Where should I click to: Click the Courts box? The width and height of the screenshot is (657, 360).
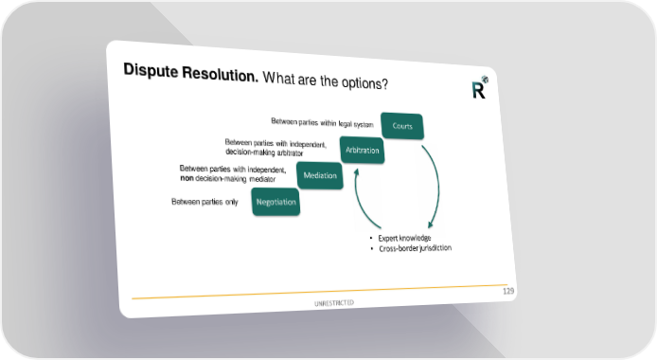pyautogui.click(x=402, y=126)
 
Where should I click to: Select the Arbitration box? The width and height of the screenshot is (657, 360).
pyautogui.click(x=362, y=150)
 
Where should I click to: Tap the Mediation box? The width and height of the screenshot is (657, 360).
pyautogui.click(x=320, y=175)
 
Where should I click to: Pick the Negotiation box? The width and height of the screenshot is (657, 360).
pyautogui.click(x=275, y=202)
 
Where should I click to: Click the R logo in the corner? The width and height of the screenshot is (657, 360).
pyautogui.click(x=479, y=87)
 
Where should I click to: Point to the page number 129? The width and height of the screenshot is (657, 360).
pyautogui.click(x=508, y=291)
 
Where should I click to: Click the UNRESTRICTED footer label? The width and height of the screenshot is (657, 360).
pyautogui.click(x=334, y=302)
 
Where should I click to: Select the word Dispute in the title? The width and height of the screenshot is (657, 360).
pyautogui.click(x=151, y=71)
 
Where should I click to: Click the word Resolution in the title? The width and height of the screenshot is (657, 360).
pyautogui.click(x=220, y=74)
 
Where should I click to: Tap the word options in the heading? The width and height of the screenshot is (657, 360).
pyautogui.click(x=364, y=82)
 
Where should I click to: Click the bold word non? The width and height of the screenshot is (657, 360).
pyautogui.click(x=186, y=178)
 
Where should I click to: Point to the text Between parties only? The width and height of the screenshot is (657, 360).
pyautogui.click(x=204, y=202)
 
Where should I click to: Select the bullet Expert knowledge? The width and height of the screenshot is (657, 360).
pyautogui.click(x=404, y=238)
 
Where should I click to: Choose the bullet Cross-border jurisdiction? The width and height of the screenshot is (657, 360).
pyautogui.click(x=415, y=248)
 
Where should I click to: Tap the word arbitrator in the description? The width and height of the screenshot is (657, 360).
pyautogui.click(x=290, y=153)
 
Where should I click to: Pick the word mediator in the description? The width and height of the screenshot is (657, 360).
pyautogui.click(x=262, y=179)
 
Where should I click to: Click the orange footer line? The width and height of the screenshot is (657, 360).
pyautogui.click(x=319, y=292)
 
